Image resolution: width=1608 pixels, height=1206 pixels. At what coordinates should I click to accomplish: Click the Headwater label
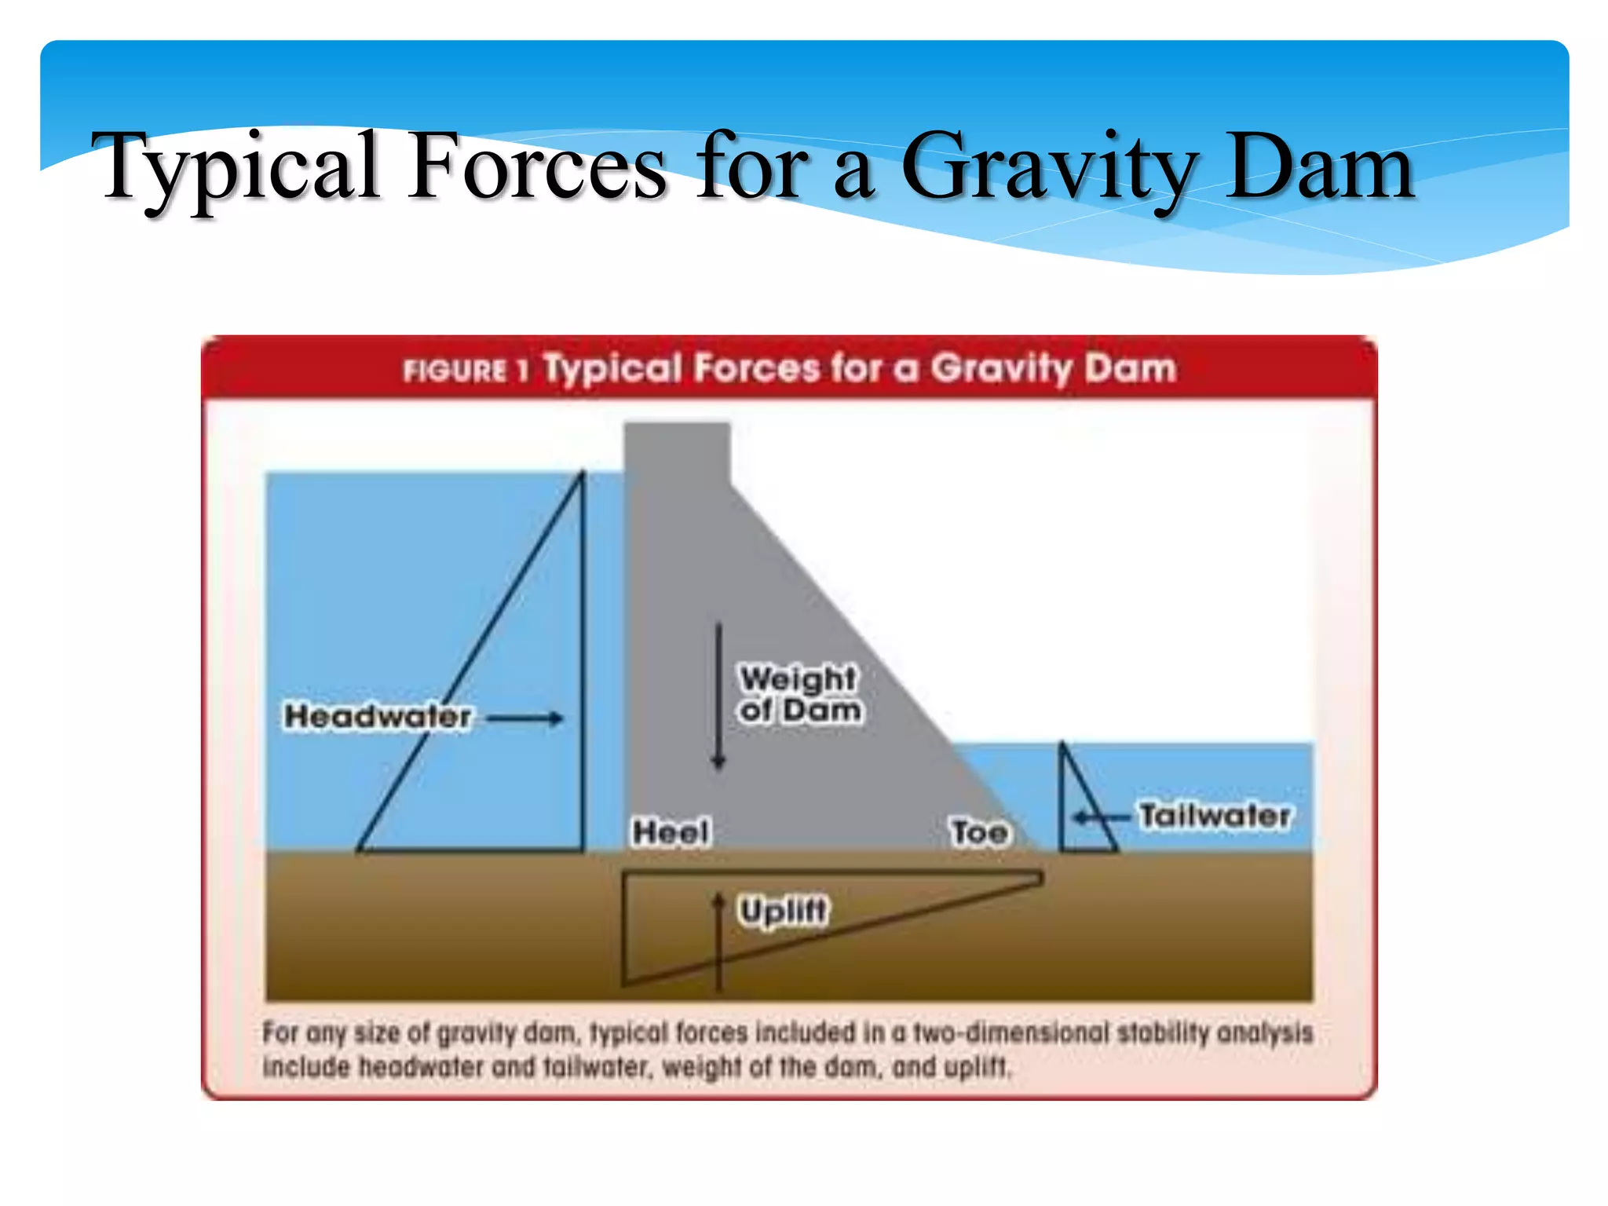click(378, 716)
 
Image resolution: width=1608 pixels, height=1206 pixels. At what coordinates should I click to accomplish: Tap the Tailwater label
click(1215, 816)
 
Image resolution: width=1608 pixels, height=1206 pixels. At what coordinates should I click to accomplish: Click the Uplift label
click(783, 911)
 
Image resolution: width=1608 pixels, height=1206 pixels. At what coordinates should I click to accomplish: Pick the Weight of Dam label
click(799, 694)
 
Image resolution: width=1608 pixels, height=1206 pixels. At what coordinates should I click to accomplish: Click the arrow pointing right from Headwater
click(524, 718)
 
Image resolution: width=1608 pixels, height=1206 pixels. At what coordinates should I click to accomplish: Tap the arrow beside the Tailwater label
click(1101, 817)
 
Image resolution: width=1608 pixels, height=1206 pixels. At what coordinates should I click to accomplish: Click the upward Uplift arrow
click(718, 942)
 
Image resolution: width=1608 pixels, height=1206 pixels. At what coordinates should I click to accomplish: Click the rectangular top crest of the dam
click(677, 452)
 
